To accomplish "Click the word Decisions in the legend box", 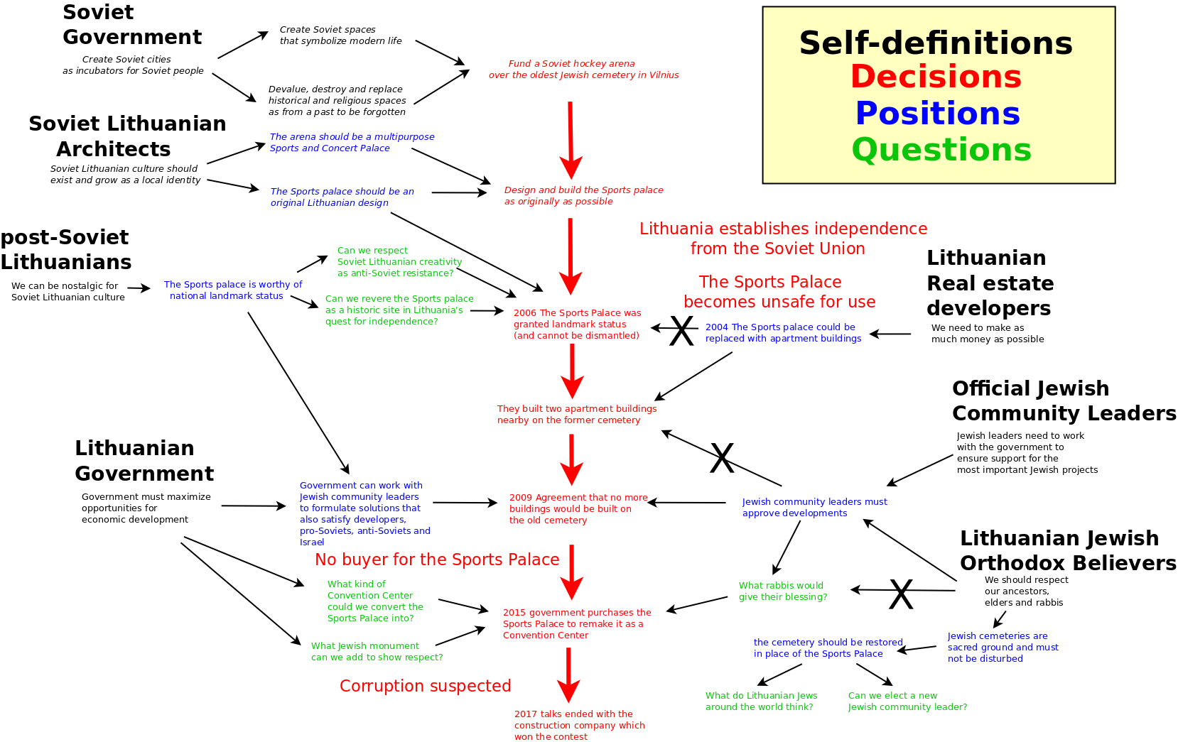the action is pyautogui.click(x=936, y=77).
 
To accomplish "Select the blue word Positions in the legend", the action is pyautogui.click(x=938, y=114).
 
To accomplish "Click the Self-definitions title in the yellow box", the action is pyautogui.click(x=936, y=43).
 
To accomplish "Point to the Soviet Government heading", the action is pyautogui.click(x=131, y=25).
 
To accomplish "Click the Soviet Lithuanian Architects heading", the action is pyautogui.click(x=127, y=136).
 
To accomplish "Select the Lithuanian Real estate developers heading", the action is pyautogui.click(x=990, y=283).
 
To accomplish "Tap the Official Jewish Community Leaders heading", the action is pyautogui.click(x=1064, y=401).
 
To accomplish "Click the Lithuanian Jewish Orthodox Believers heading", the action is pyautogui.click(x=1068, y=551).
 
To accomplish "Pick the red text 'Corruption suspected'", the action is pyautogui.click(x=426, y=687).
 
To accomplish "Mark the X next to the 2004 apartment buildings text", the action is pyautogui.click(x=681, y=331).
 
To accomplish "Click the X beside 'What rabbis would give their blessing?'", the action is pyautogui.click(x=901, y=594).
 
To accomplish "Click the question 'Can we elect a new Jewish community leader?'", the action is pyautogui.click(x=908, y=702).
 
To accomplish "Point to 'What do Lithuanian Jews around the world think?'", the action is pyautogui.click(x=762, y=702).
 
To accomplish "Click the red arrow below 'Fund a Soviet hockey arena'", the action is pyautogui.click(x=571, y=141).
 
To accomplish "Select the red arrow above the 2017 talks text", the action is pyautogui.click(x=568, y=675).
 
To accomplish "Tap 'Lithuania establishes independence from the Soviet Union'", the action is pyautogui.click(x=783, y=239).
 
